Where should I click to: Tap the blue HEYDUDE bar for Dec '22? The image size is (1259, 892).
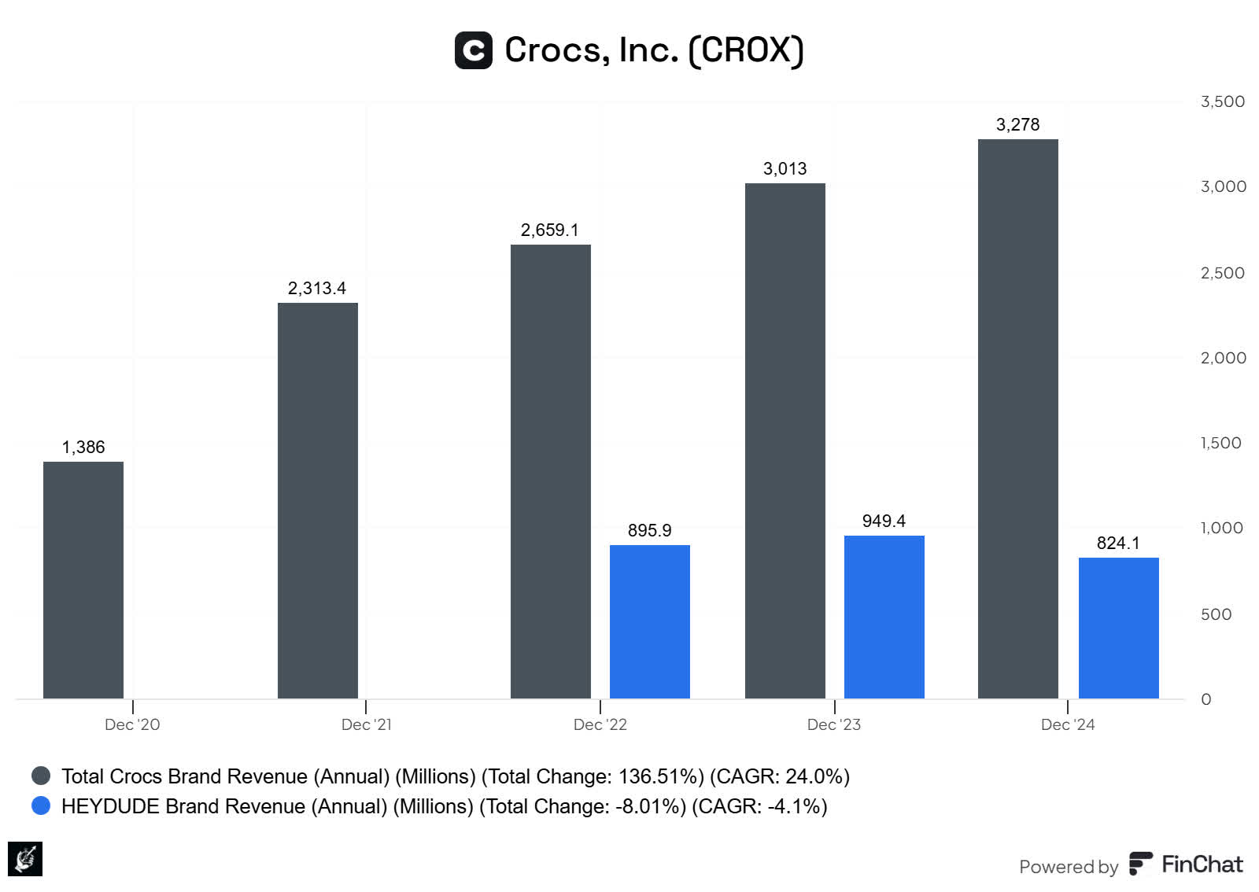tap(650, 621)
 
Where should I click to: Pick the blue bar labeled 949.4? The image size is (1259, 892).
tap(884, 617)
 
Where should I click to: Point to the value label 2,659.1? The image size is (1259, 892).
tap(549, 230)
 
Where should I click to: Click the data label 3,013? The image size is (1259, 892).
tap(785, 168)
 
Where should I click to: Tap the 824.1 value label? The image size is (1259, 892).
tap(1117, 543)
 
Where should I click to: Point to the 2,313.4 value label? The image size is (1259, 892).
tap(316, 288)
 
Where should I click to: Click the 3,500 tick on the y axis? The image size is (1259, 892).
tap(1222, 101)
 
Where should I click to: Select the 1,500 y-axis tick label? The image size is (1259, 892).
tap(1220, 443)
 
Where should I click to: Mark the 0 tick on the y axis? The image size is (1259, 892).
tap(1205, 699)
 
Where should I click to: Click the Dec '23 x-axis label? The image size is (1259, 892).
tap(833, 724)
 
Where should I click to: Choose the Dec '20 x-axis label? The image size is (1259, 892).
tap(132, 724)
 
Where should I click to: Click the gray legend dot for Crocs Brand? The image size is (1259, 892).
tap(41, 776)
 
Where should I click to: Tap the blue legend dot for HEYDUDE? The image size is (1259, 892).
tap(41, 805)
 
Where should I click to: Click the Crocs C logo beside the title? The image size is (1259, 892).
tap(474, 50)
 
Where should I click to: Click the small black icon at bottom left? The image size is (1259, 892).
tap(25, 858)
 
